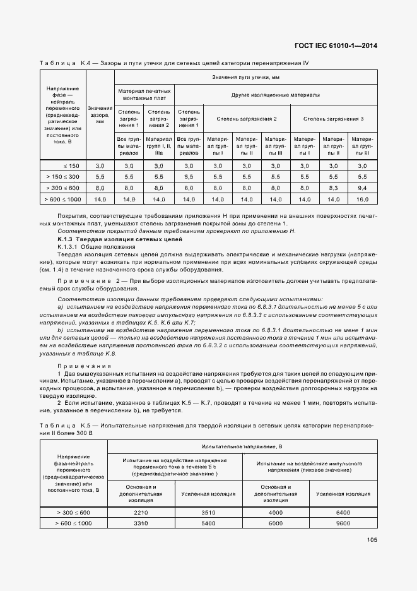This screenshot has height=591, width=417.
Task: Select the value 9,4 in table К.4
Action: [361, 188]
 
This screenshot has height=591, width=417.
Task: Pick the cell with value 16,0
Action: [361, 200]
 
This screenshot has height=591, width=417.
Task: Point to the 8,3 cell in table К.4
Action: [333, 188]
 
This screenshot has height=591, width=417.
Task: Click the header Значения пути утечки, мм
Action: [245, 76]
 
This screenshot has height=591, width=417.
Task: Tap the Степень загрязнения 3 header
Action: [333, 119]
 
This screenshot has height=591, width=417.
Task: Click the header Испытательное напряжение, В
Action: [242, 446]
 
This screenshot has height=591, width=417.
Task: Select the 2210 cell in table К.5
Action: [141, 512]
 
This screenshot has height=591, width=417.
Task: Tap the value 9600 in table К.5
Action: [343, 523]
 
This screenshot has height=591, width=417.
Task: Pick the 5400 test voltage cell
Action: [208, 523]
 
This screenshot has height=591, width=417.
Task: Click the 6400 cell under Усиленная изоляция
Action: [343, 512]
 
